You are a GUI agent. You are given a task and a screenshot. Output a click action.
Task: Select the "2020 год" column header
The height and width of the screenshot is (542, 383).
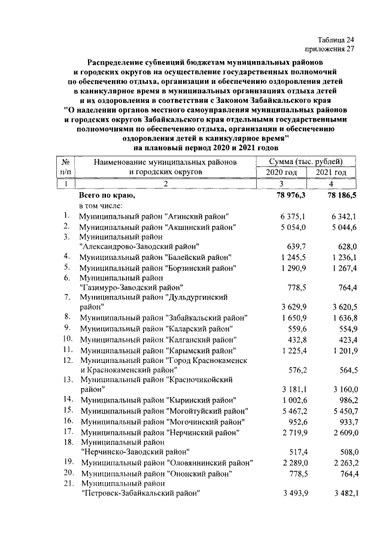click(x=281, y=172)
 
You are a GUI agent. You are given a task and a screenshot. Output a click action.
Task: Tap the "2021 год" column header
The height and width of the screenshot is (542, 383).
click(x=332, y=172)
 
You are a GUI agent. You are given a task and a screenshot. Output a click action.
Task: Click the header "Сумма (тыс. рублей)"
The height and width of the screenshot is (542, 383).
click(x=306, y=162)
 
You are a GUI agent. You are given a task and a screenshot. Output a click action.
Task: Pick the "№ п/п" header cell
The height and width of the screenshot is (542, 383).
click(x=67, y=167)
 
